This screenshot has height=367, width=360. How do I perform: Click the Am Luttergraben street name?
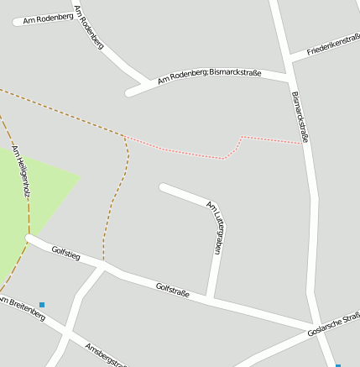point(214,227)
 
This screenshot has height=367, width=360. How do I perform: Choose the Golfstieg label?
point(65,252)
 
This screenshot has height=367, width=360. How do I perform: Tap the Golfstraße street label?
point(172,291)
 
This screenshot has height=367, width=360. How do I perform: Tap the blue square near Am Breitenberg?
point(42,304)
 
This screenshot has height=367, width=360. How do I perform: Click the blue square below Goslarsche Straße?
point(338,365)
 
